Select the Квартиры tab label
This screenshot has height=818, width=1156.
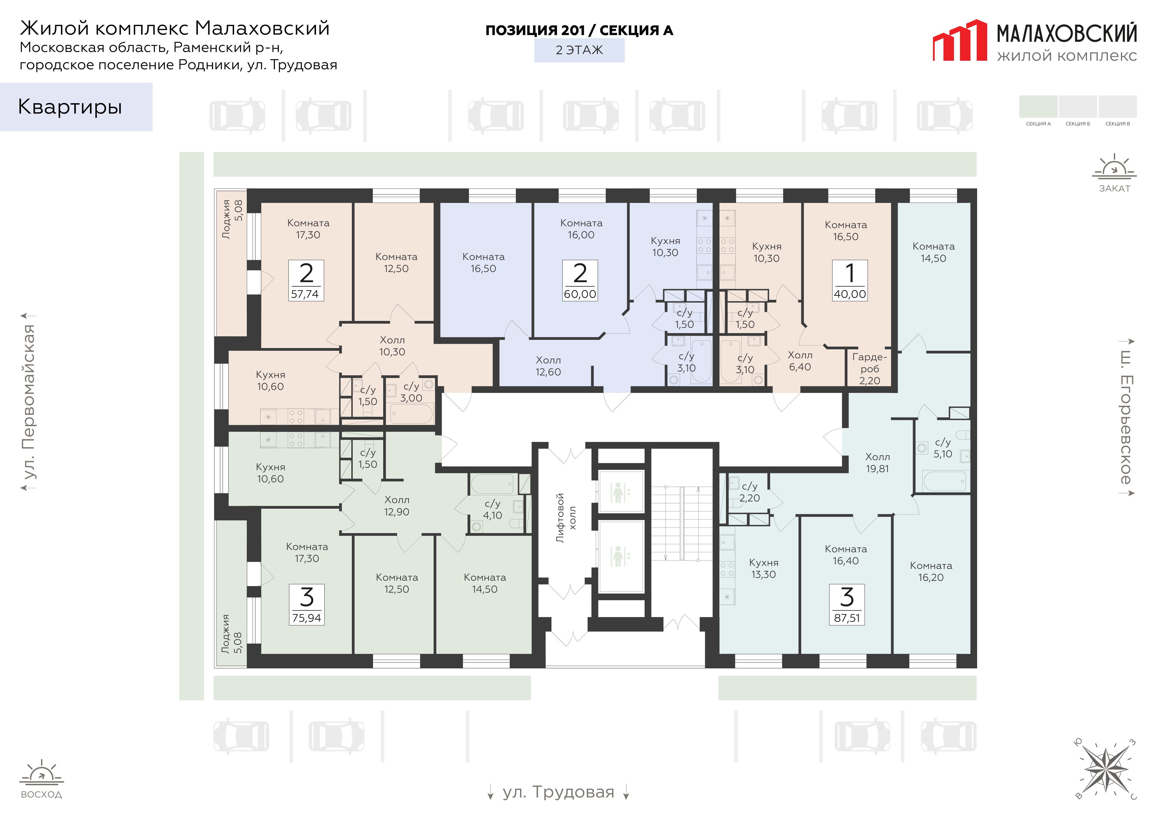point(70,107)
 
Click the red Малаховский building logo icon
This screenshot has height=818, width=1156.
point(960,40)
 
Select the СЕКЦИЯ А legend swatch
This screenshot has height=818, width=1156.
point(1038,106)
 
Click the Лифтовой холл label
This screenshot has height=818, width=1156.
point(566,518)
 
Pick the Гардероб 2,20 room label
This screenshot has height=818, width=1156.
point(870,369)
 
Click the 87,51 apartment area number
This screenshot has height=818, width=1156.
point(847,618)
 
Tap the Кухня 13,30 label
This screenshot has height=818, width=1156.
point(764,568)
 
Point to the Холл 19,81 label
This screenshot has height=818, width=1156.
point(878,462)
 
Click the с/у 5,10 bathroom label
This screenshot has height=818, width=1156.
point(943,448)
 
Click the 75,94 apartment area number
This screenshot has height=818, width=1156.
point(307,618)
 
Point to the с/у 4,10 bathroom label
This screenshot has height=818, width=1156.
point(492,509)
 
